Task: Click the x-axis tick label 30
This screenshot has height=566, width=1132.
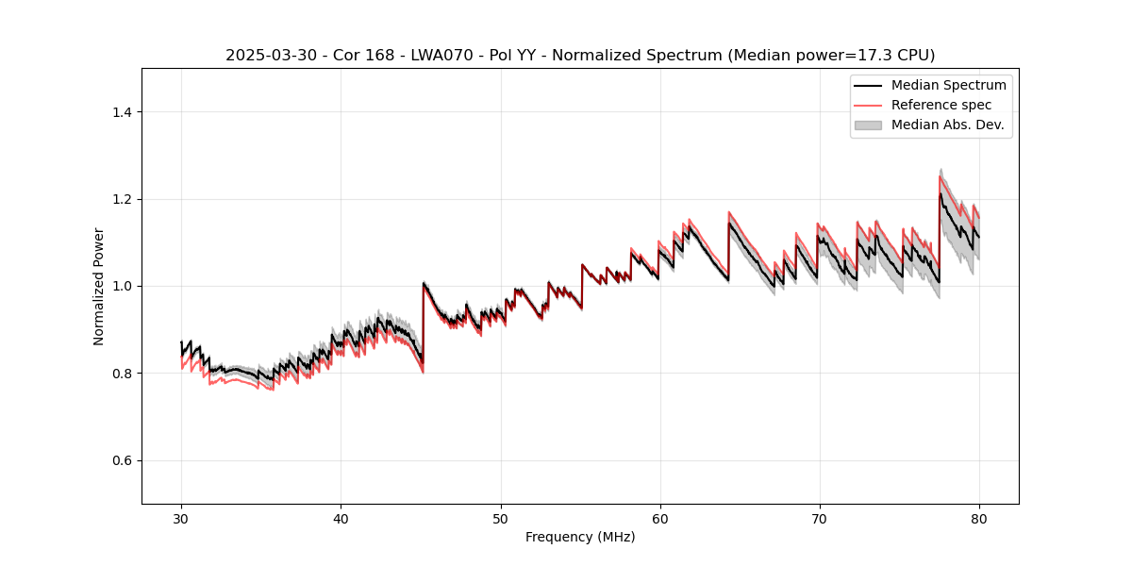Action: pos(181,518)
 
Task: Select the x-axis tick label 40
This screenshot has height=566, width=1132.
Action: pos(341,518)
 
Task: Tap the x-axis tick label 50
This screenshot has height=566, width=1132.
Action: pos(500,518)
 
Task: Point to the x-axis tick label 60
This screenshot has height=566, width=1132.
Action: pos(659,518)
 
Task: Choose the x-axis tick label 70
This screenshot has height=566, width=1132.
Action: pos(819,518)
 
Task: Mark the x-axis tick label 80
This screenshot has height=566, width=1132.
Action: pos(978,518)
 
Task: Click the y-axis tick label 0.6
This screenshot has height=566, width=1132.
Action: pos(122,460)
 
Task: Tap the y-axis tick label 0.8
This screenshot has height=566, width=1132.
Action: pos(122,374)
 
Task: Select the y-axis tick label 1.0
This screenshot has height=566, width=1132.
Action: pos(122,286)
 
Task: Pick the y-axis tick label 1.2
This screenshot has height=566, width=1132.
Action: pos(122,199)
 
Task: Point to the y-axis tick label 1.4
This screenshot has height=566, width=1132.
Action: pos(122,112)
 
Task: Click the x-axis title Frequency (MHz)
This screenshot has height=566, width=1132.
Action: pos(580,537)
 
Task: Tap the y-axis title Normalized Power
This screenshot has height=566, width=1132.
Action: pos(99,286)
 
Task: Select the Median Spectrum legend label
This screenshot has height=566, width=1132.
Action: pos(948,85)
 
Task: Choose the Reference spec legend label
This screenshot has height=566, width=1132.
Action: pos(941,105)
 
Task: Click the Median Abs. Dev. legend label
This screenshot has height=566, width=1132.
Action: pos(947,125)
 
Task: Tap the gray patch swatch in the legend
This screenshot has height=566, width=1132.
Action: pos(868,125)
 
